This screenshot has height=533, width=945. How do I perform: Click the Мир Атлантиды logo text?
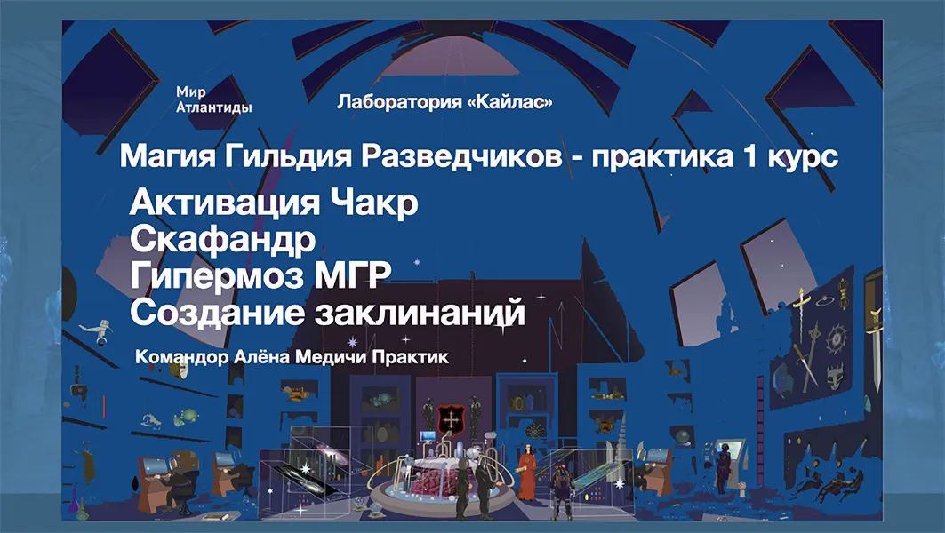[213, 99]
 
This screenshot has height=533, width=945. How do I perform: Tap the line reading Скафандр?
[222, 239]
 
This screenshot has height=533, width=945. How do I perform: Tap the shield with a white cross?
[448, 415]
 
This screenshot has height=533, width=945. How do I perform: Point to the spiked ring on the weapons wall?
[837, 340]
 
